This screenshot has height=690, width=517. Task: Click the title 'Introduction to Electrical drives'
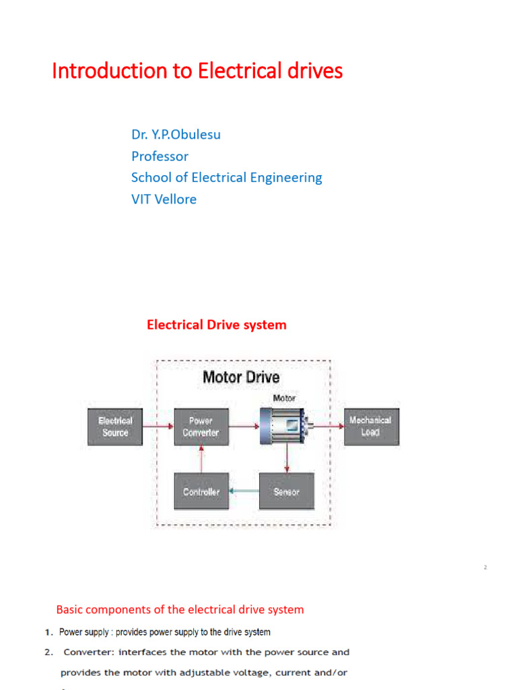[197, 71]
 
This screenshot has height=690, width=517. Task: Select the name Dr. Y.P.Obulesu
[176, 135]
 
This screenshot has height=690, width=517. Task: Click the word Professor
[160, 156]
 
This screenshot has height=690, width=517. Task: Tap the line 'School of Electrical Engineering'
[226, 178]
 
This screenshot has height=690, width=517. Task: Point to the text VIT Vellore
[164, 199]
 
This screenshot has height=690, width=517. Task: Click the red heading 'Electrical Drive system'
[216, 325]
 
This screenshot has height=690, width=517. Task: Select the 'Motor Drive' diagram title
[241, 377]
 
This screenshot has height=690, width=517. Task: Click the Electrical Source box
[115, 427]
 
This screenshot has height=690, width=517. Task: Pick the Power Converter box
[201, 427]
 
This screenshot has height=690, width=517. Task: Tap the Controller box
[201, 492]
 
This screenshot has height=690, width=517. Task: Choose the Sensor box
[286, 492]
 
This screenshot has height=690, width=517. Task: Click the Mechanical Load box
[371, 427]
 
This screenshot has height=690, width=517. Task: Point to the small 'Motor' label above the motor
[283, 398]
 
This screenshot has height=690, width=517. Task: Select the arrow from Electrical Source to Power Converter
[158, 427]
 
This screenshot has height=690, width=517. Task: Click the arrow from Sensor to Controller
[244, 492]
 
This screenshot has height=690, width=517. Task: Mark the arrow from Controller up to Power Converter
[201, 460]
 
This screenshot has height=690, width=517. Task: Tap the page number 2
[485, 568]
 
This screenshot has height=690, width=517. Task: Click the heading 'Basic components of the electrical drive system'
[180, 610]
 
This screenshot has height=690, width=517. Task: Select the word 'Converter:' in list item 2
[87, 652]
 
